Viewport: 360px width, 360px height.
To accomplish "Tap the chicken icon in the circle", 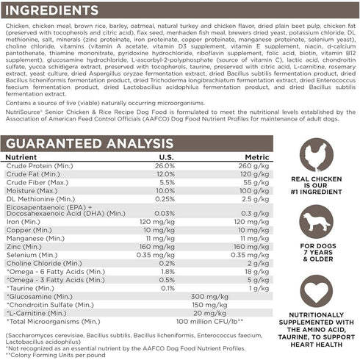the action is pos(317,155).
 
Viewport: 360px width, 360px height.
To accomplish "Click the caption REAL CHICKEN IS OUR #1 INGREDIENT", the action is pos(317,188).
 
